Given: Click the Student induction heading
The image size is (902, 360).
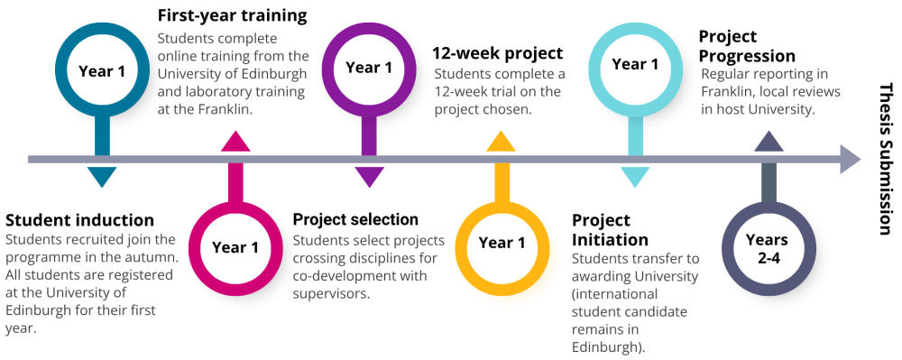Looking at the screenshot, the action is tap(80, 220).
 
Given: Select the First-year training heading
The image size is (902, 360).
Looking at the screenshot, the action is tap(233, 15).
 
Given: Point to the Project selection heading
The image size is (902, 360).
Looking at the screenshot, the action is tap(355, 219).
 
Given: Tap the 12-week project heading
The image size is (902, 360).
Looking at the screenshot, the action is tap(498, 53).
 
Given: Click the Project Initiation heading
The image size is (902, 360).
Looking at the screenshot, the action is tap(610, 229).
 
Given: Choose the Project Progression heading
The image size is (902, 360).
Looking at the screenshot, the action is tap(747, 46).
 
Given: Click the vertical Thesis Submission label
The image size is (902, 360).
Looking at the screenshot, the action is tap(886, 159).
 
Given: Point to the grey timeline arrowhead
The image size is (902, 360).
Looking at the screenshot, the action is tap(851, 159).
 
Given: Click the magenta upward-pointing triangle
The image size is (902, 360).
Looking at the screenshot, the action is tap(235, 142).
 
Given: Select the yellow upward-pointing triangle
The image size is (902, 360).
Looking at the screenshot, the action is tap(501, 142).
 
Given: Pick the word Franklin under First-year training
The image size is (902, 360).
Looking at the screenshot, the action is tap(226, 110).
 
